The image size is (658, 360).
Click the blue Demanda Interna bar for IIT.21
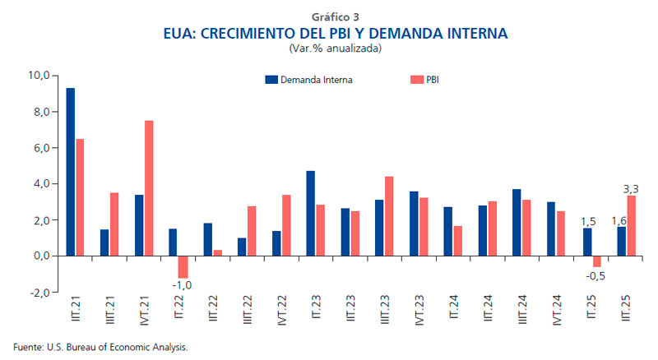click(x=71, y=172)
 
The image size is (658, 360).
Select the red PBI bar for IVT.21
click(x=149, y=188)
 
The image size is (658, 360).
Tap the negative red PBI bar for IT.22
click(x=183, y=266)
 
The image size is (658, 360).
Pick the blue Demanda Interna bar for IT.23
click(x=311, y=213)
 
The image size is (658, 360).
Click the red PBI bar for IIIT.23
click(x=389, y=216)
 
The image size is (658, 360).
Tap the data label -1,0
click(x=183, y=285)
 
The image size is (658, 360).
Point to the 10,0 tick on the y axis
click(x=39, y=76)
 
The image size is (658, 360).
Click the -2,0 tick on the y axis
click(x=39, y=293)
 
